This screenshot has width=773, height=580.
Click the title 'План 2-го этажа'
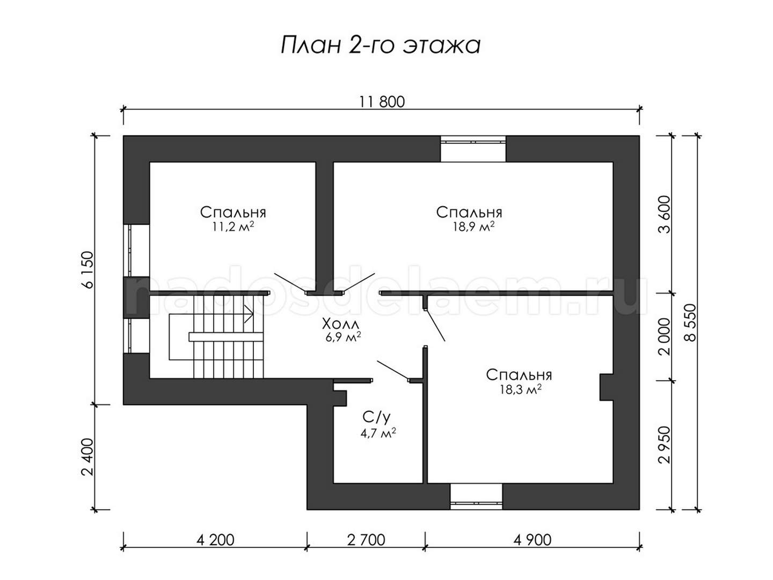pyautogui.click(x=381, y=46)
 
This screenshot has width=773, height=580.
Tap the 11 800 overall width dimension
pyautogui.click(x=382, y=102)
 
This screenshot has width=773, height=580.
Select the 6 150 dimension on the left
pyautogui.click(x=88, y=270)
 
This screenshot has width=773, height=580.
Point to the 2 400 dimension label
pyautogui.click(x=87, y=456)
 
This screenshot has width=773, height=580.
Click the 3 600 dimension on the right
pyautogui.click(x=665, y=214)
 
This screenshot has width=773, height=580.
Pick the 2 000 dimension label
pyautogui.click(x=665, y=336)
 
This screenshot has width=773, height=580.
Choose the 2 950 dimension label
pyautogui.click(x=665, y=445)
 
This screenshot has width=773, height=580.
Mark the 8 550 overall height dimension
pyautogui.click(x=690, y=323)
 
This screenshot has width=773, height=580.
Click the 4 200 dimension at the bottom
pyautogui.click(x=215, y=540)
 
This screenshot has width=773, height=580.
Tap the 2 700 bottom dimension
pyautogui.click(x=366, y=540)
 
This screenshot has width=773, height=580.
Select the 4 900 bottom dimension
pyautogui.click(x=532, y=540)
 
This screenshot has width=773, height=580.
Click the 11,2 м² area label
pyautogui.click(x=233, y=227)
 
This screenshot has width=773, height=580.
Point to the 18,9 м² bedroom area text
pyautogui.click(x=473, y=227)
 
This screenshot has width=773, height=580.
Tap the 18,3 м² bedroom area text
pyautogui.click(x=521, y=389)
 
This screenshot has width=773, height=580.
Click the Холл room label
pyautogui.click(x=341, y=323)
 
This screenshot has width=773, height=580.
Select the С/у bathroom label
pyautogui.click(x=376, y=417)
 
